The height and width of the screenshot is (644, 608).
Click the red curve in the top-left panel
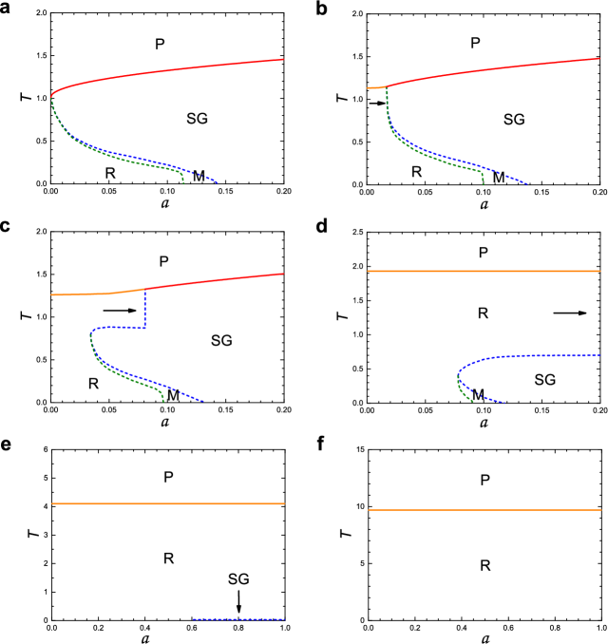[171, 71]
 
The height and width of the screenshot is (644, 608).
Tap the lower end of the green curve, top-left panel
[183, 181]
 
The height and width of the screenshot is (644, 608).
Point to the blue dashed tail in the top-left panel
[204, 176]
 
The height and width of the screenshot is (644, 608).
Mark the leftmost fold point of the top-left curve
[51, 96]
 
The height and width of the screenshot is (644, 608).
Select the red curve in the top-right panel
[494, 68]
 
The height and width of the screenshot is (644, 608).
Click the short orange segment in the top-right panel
[374, 87]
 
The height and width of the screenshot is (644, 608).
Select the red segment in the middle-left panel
[218, 280]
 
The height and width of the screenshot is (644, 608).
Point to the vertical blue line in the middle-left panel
[144, 309]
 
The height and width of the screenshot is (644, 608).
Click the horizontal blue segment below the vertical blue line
[119, 328]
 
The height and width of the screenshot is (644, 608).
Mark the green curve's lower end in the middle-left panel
[163, 400]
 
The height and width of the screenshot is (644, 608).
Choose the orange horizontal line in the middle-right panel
[484, 271]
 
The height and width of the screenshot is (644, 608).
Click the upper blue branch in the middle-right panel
[541, 356]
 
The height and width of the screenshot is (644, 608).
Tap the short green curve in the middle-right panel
[465, 393]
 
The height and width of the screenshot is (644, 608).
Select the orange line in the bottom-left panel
[168, 503]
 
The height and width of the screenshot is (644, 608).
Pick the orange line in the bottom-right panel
[484, 509]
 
